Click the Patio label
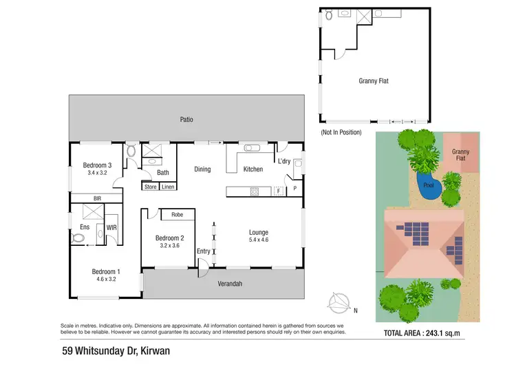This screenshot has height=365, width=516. click(186, 119)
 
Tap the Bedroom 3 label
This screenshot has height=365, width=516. click(97, 165)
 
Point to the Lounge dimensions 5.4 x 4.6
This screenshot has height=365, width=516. click(259, 241)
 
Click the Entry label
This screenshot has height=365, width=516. click(204, 251)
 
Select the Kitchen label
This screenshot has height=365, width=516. click(253, 169)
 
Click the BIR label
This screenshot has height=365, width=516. click(97, 198)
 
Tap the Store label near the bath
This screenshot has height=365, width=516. click(150, 187)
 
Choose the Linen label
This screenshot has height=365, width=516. click(168, 187)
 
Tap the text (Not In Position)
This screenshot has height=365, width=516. click(341, 132)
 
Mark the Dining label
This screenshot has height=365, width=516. click(202, 169)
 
